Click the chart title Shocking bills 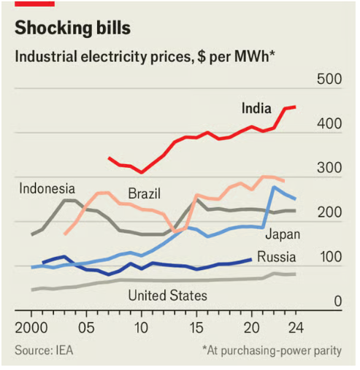pyautogui.click(x=72, y=28)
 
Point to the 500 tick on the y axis pyautogui.click(x=328, y=79)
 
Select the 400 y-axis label pyautogui.click(x=328, y=123)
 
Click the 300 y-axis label pyautogui.click(x=328, y=169)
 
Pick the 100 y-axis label pyautogui.click(x=328, y=258)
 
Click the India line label pyautogui.click(x=257, y=109)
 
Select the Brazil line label pyautogui.click(x=144, y=194)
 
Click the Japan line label pyautogui.click(x=283, y=234)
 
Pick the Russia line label pyautogui.click(x=277, y=257)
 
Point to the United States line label pyautogui.click(x=167, y=296)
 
